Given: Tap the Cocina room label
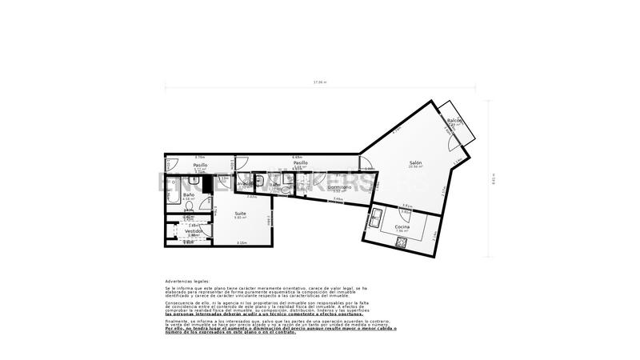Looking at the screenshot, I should pos(402,226).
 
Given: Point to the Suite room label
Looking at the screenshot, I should pos(240,214).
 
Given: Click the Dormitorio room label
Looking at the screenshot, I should pos(339,187).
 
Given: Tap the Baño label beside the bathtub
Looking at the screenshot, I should pos(189,194).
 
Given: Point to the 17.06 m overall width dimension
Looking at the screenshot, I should pos(320,82).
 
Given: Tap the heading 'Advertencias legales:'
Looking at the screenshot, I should pos(188,282).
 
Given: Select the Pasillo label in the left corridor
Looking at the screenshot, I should pos(200,165).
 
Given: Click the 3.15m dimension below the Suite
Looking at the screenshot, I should pos(241,242).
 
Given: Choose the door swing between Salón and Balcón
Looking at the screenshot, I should pos(452,142).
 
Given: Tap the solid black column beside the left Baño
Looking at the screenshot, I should pos(206,184).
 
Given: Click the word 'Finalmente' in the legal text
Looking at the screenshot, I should pos(178,321).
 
